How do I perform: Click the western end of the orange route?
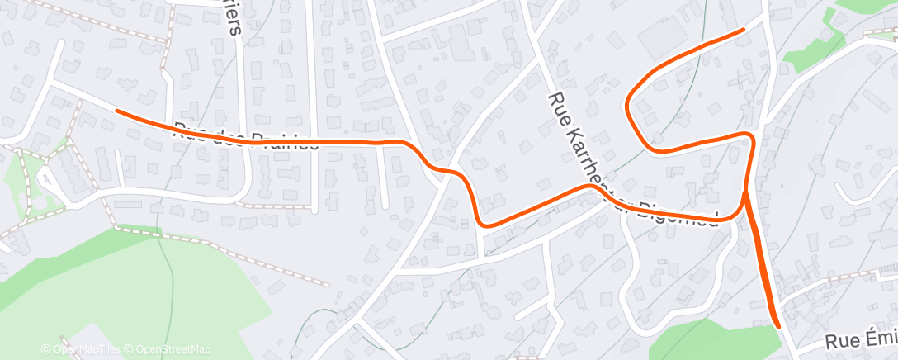116,110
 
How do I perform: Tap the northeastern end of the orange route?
743,29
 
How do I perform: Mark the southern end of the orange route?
777,325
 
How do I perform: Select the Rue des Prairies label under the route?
246,137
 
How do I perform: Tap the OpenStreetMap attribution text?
173,349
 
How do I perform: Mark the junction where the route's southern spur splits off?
744,195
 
